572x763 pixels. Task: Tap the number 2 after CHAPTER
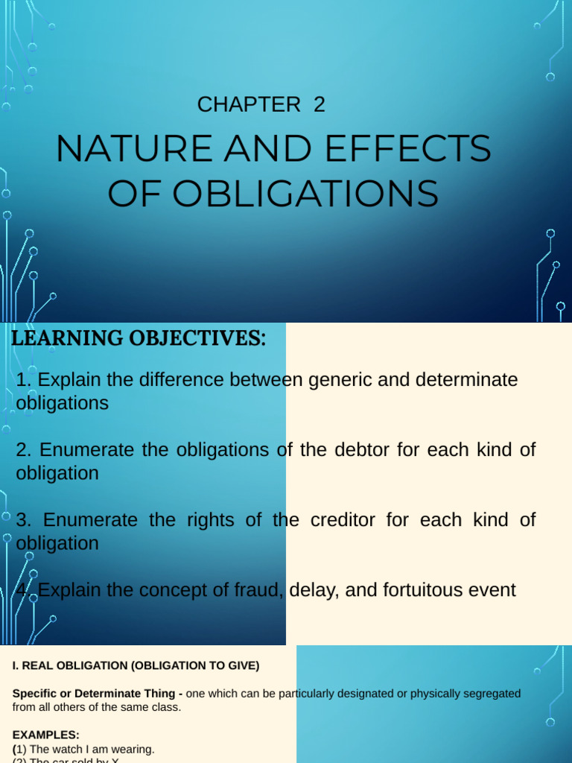(320, 105)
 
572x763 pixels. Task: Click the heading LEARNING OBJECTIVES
(139, 338)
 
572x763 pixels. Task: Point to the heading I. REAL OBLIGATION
(136, 665)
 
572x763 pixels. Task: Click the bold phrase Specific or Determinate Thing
(94, 694)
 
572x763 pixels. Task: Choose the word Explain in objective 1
(69, 380)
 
